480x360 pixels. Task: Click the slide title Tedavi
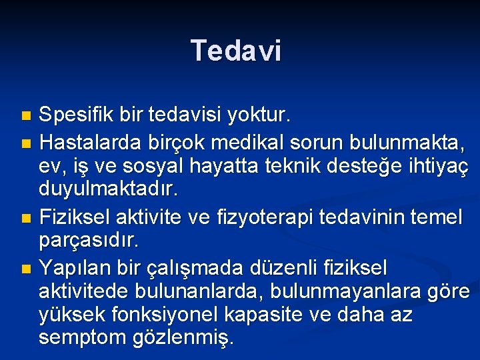pos(236,51)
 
